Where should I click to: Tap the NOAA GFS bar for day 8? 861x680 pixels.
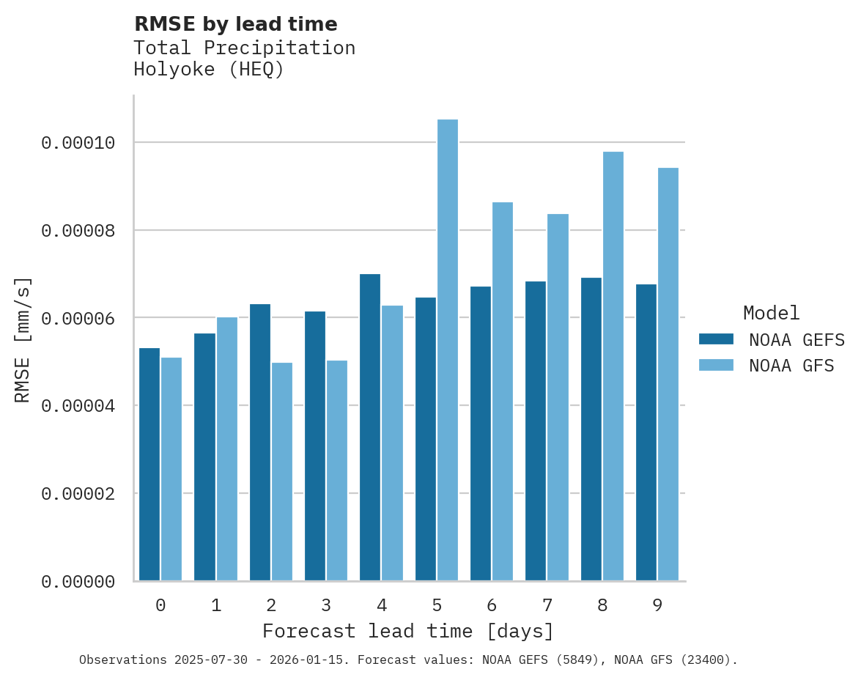[613, 366]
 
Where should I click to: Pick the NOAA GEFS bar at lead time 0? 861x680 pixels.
[149, 465]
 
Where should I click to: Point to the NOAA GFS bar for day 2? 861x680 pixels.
[282, 472]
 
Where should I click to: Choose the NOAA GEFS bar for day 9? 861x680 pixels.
[646, 432]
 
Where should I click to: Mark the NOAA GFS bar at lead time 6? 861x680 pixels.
[503, 391]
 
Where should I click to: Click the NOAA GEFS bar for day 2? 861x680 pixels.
[260, 443]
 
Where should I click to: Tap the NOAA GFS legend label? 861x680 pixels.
[791, 366]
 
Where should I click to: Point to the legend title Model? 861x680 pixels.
[771, 313]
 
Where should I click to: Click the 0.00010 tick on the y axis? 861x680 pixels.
[78, 143]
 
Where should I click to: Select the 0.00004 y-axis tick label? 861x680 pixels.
[78, 406]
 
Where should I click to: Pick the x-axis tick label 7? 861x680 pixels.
[547, 605]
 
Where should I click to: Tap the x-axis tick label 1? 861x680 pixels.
[216, 605]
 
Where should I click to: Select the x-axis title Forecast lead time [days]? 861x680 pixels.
[408, 631]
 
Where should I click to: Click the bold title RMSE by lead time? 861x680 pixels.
[235, 24]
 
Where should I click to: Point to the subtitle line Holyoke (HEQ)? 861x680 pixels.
[208, 70]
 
